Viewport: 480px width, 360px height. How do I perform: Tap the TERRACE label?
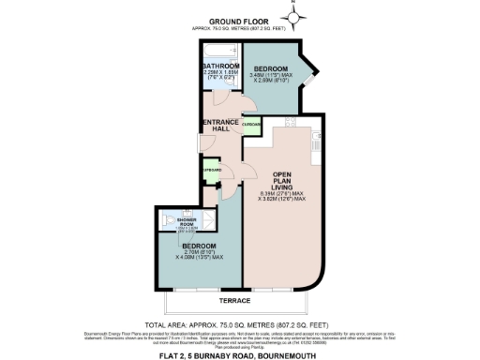pos(234,300)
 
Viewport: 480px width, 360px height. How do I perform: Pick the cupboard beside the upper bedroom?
pos(251,125)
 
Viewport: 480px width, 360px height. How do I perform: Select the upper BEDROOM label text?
pos(273,68)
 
